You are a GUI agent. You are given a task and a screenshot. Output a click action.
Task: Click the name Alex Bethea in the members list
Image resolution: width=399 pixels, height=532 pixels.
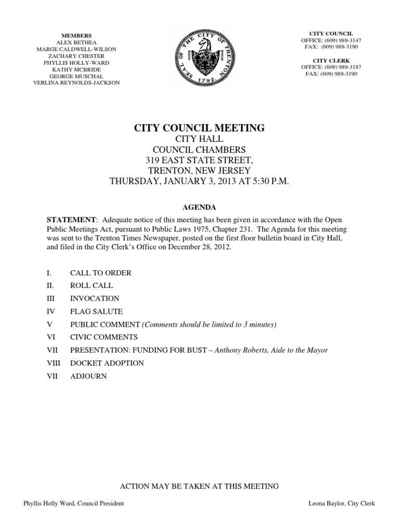tap(76, 43)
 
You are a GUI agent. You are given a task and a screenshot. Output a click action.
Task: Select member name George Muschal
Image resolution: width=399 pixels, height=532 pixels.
tap(76, 76)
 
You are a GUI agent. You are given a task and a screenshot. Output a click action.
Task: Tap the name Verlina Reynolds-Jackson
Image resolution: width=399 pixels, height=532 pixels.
tap(76, 83)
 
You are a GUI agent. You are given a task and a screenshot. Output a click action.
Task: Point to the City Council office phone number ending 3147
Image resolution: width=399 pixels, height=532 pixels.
tap(331, 40)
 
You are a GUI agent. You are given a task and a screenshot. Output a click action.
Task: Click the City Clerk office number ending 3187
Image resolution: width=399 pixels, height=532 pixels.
tap(331, 67)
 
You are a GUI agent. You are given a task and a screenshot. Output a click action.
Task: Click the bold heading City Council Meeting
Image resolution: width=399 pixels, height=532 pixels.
tap(199, 128)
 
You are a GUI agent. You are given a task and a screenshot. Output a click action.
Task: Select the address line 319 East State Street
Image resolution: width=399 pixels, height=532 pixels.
tap(199, 159)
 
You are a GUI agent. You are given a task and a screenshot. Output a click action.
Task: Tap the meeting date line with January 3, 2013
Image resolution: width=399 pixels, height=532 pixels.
tap(199, 181)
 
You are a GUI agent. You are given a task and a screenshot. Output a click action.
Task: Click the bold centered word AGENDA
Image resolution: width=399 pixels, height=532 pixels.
tap(199, 206)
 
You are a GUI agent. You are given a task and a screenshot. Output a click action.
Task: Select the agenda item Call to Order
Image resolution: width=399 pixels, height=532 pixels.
tap(101, 273)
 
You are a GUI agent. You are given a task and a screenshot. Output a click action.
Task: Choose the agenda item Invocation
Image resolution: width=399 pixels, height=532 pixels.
tap(95, 298)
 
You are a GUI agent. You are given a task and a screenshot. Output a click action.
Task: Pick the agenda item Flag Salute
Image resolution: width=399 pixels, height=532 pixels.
tap(96, 311)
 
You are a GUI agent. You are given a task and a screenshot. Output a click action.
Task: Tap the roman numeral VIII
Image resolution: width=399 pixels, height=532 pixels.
tap(54, 363)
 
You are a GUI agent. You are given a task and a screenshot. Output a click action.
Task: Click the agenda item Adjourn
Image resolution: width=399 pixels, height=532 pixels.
tap(88, 376)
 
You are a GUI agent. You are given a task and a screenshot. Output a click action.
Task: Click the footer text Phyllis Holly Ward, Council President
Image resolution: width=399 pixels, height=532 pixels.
tap(74, 503)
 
